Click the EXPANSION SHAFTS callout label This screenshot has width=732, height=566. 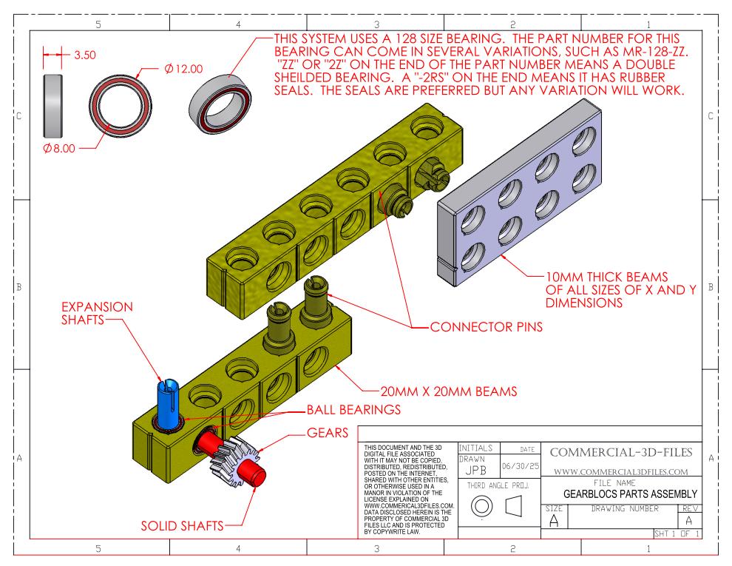coord(97,313)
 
